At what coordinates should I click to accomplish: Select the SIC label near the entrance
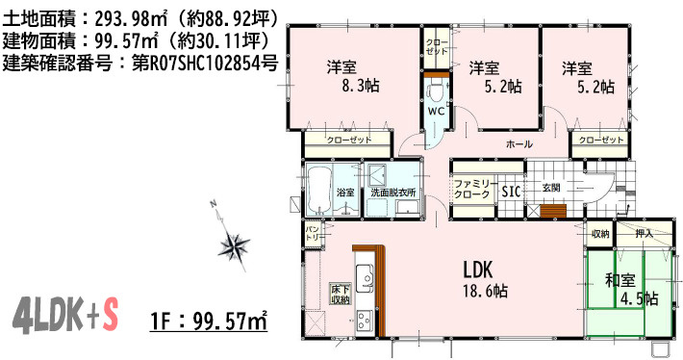click(511, 191)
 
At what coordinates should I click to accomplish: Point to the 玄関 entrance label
click(550, 187)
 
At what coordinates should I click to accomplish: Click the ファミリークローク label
click(473, 188)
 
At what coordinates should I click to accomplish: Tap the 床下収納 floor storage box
click(340, 294)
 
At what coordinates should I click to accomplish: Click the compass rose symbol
click(235, 246)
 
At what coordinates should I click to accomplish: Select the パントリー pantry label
click(314, 232)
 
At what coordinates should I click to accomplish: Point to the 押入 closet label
click(645, 233)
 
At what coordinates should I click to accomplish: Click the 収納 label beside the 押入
click(600, 233)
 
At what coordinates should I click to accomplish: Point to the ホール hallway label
click(519, 144)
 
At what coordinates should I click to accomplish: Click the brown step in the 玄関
click(551, 212)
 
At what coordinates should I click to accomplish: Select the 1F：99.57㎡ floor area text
click(209, 318)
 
